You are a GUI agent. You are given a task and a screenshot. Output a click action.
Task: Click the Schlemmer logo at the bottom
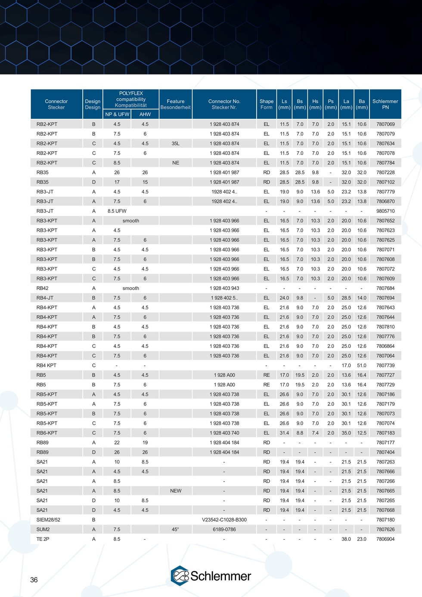point(211,576)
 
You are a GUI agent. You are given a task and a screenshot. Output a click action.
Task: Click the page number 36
point(34,580)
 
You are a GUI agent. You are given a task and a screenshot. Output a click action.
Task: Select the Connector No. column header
point(224,104)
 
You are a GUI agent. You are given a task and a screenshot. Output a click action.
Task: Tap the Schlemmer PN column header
point(385,104)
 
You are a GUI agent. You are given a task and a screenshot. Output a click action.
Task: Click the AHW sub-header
point(145,114)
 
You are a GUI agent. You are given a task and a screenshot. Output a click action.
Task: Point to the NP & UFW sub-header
point(117,114)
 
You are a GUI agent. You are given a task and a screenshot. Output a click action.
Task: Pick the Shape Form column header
point(266,104)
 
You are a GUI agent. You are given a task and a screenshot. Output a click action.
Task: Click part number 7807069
point(385,124)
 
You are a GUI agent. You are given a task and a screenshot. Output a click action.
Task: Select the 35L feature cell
point(175,143)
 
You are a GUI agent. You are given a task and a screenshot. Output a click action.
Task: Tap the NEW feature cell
point(176,491)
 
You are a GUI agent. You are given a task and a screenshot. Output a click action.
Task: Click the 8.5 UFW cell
point(117,211)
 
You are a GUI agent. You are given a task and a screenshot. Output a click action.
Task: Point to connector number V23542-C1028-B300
point(224,519)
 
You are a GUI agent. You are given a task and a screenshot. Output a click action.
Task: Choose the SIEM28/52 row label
point(48,519)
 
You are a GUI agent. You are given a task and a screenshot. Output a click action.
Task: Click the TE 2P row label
point(43,539)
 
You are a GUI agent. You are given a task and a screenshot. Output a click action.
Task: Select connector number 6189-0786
point(224,529)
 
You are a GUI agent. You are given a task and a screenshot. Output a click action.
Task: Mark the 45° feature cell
point(175,529)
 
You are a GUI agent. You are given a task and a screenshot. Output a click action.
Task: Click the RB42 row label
point(42,288)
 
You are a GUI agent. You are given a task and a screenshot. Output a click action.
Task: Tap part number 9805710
point(385,211)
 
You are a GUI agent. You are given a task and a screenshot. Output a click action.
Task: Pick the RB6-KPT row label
point(47,433)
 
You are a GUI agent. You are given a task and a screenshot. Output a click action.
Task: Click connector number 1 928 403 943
point(224,288)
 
